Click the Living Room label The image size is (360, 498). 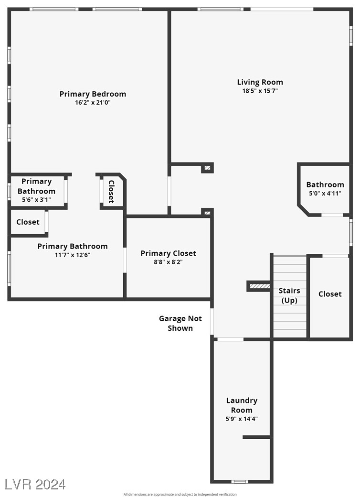click(x=260, y=82)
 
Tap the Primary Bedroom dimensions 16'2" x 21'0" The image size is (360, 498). click(x=93, y=103)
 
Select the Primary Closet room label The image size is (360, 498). click(x=169, y=253)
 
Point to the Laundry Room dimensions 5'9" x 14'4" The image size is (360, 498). click(x=242, y=419)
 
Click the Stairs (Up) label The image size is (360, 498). click(x=289, y=296)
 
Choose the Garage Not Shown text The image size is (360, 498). click(x=180, y=324)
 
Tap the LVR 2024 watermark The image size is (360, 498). click(x=35, y=485)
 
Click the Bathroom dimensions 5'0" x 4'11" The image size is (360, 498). click(x=325, y=194)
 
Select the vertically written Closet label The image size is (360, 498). click(x=111, y=192)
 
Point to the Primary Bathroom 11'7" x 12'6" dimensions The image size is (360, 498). click(x=72, y=255)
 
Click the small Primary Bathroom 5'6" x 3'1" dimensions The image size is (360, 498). click(x=36, y=200)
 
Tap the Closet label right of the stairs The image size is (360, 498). click(x=330, y=294)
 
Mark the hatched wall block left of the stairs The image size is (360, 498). click(x=260, y=286)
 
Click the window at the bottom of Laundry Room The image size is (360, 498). click(x=240, y=482)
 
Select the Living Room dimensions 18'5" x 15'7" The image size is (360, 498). click(x=260, y=91)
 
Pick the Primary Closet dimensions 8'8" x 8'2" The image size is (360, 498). click(x=168, y=262)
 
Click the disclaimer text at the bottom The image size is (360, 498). click(x=180, y=495)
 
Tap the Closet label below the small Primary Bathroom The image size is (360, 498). click(x=28, y=222)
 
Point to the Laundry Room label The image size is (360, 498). click(x=242, y=405)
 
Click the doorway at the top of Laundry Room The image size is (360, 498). click(x=230, y=339)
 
